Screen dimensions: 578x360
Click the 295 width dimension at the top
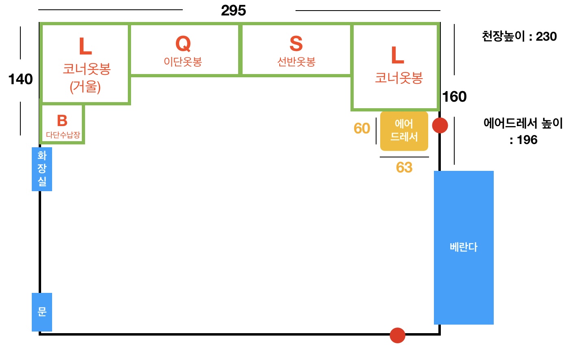pos(233,11)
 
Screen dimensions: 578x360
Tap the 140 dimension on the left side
pos(21,79)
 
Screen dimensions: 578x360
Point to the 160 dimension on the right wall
pos(454,97)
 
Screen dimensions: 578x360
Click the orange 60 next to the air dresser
pos(362,128)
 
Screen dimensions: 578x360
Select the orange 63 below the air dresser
pos(404,167)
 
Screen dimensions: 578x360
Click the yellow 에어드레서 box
pos(404,131)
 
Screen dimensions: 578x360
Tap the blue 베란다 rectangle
pos(464,248)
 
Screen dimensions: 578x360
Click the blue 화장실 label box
pos(42,169)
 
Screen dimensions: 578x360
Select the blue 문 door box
pos(42,312)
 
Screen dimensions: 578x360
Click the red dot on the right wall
pos(440,126)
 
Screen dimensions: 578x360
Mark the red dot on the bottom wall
pos(397,335)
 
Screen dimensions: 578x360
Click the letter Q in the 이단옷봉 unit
pos(183,44)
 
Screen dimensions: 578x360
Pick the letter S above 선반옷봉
pos(296,44)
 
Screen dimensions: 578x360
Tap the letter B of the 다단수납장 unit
pos(62,120)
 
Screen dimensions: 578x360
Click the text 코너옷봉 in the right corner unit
pos(398,78)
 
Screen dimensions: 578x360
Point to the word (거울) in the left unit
pos(85,87)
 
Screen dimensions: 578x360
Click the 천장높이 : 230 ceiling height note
pos(519,36)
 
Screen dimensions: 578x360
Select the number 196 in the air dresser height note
pos(527,140)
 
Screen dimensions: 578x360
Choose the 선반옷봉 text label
pos(296,62)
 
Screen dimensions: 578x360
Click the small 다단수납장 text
pos(63,135)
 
